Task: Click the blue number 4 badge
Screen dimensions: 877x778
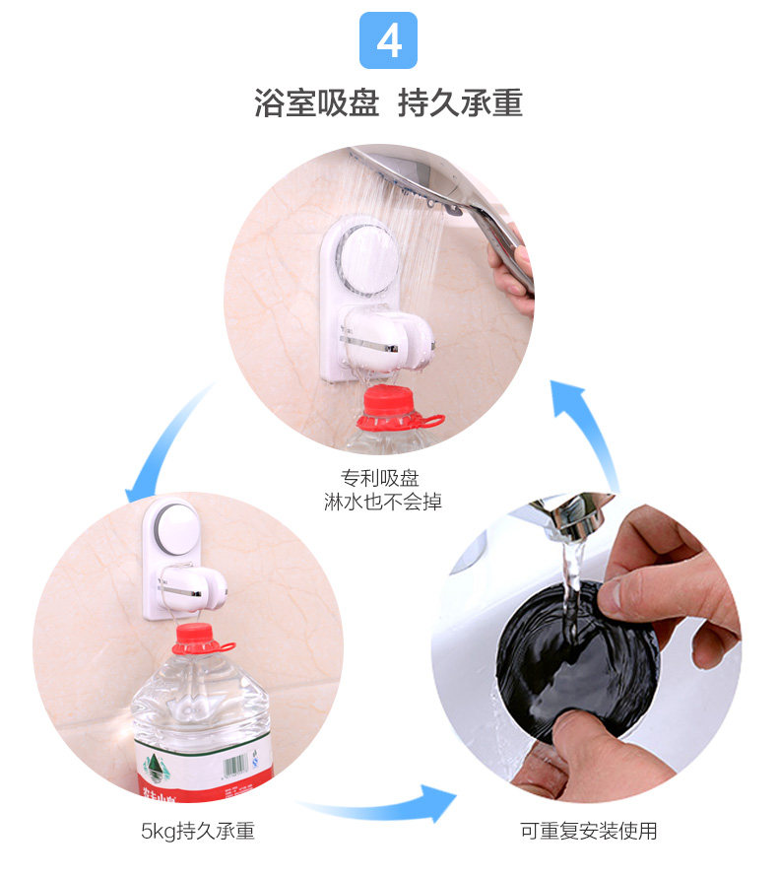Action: [x=388, y=40]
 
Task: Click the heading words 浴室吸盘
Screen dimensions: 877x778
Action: [x=316, y=103]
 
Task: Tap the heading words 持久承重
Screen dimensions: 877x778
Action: [x=460, y=103]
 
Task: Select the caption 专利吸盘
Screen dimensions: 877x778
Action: [x=380, y=478]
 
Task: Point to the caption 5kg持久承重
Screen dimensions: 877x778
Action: [x=197, y=831]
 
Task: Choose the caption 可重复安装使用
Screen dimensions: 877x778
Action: [x=588, y=831]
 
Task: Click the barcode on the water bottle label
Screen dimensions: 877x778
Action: [x=234, y=766]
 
